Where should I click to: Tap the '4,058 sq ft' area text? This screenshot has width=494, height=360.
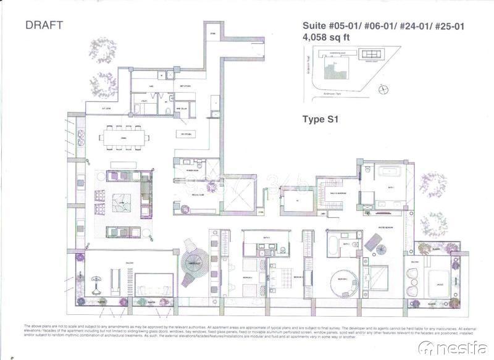tap(325, 37)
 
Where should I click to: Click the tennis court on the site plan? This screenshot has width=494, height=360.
tap(371, 56)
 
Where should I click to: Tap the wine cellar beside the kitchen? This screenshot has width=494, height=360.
tap(186, 109)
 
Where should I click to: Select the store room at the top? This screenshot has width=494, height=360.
tap(212, 32)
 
